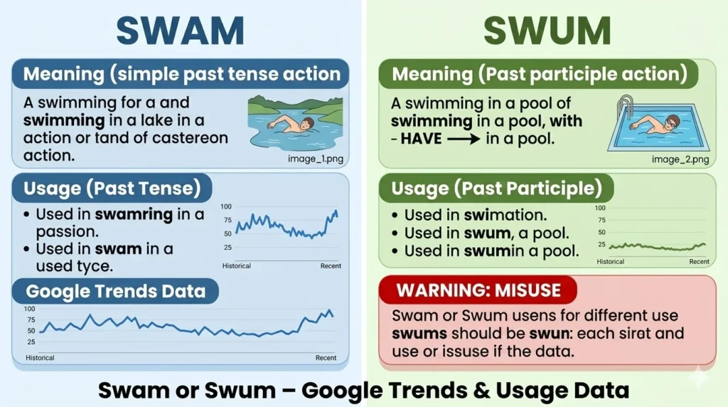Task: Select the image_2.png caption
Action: pyautogui.click(x=680, y=159)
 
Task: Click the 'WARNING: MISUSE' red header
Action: pyautogui.click(x=478, y=290)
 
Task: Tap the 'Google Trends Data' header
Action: pyautogui.click(x=115, y=290)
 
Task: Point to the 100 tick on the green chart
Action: pyautogui.click(x=600, y=208)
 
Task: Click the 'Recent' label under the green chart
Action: pyautogui.click(x=699, y=262)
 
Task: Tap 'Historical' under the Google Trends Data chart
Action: pyautogui.click(x=40, y=358)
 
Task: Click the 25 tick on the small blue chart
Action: pyautogui.click(x=227, y=248)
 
